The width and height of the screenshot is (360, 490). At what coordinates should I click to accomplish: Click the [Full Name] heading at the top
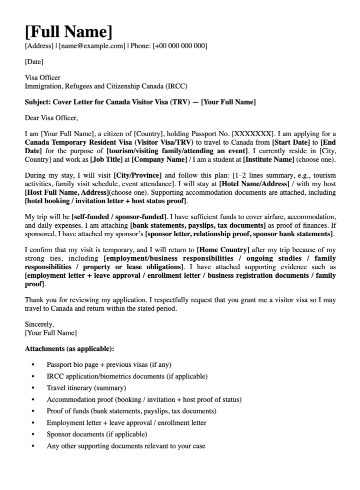point(68,32)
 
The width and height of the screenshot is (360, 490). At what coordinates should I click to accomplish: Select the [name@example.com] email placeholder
point(92,46)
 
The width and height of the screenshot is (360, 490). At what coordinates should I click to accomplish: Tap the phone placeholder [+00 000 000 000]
point(179,46)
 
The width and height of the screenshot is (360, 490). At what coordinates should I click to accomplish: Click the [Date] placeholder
point(34,62)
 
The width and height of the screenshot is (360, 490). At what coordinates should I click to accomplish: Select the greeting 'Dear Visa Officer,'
point(51,118)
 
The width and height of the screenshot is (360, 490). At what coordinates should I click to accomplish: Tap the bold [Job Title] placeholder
point(106,160)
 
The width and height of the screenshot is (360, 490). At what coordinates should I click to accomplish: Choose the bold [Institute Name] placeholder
point(268,160)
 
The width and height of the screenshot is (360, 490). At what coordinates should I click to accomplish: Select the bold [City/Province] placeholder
point(137,176)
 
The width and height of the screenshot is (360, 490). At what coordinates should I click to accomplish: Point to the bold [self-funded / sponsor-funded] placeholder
point(119,217)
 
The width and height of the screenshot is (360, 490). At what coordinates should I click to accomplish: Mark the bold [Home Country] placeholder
point(222,250)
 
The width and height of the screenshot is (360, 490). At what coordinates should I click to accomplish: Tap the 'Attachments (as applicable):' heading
point(69,348)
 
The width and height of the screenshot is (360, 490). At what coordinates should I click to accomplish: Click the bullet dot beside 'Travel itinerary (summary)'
point(33,388)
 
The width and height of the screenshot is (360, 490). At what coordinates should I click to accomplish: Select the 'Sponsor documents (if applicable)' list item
point(97,434)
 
